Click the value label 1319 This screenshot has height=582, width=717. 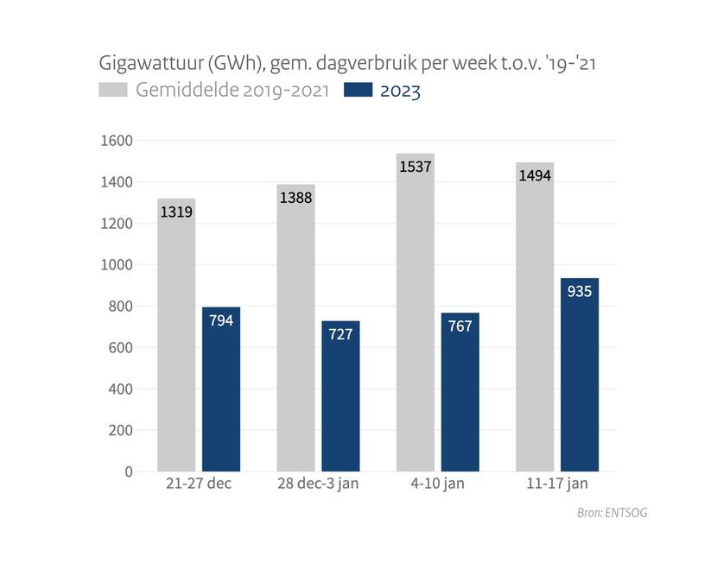[176, 210]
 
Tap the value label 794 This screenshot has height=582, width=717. [221, 319]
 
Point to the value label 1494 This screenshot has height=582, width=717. [535, 176]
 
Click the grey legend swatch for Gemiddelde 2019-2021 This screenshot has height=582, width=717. [113, 90]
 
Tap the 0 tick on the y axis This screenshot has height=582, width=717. [129, 471]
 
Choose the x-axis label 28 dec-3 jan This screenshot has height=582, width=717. [317, 484]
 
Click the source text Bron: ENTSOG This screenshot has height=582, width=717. [612, 513]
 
